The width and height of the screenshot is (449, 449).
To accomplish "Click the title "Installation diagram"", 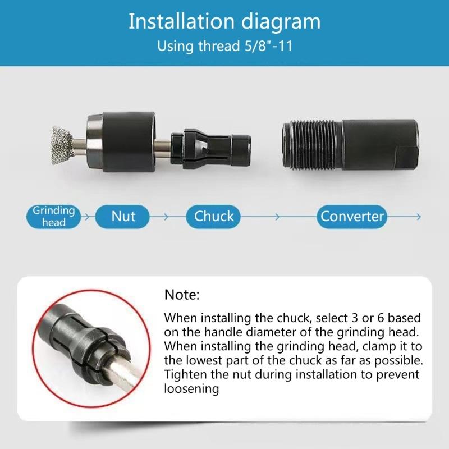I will [224, 21].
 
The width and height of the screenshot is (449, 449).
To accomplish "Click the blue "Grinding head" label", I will [53, 217].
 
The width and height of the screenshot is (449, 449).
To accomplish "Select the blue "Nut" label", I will [123, 217].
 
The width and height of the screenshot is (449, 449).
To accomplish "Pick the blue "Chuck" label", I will [214, 217].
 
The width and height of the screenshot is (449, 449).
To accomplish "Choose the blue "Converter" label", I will [352, 217].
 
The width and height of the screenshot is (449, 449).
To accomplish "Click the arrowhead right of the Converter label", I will [418, 217].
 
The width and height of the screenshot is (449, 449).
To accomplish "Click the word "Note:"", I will [182, 295].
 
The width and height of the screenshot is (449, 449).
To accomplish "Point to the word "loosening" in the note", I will [191, 388].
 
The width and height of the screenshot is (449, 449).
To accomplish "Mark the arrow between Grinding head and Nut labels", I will [87, 217].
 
